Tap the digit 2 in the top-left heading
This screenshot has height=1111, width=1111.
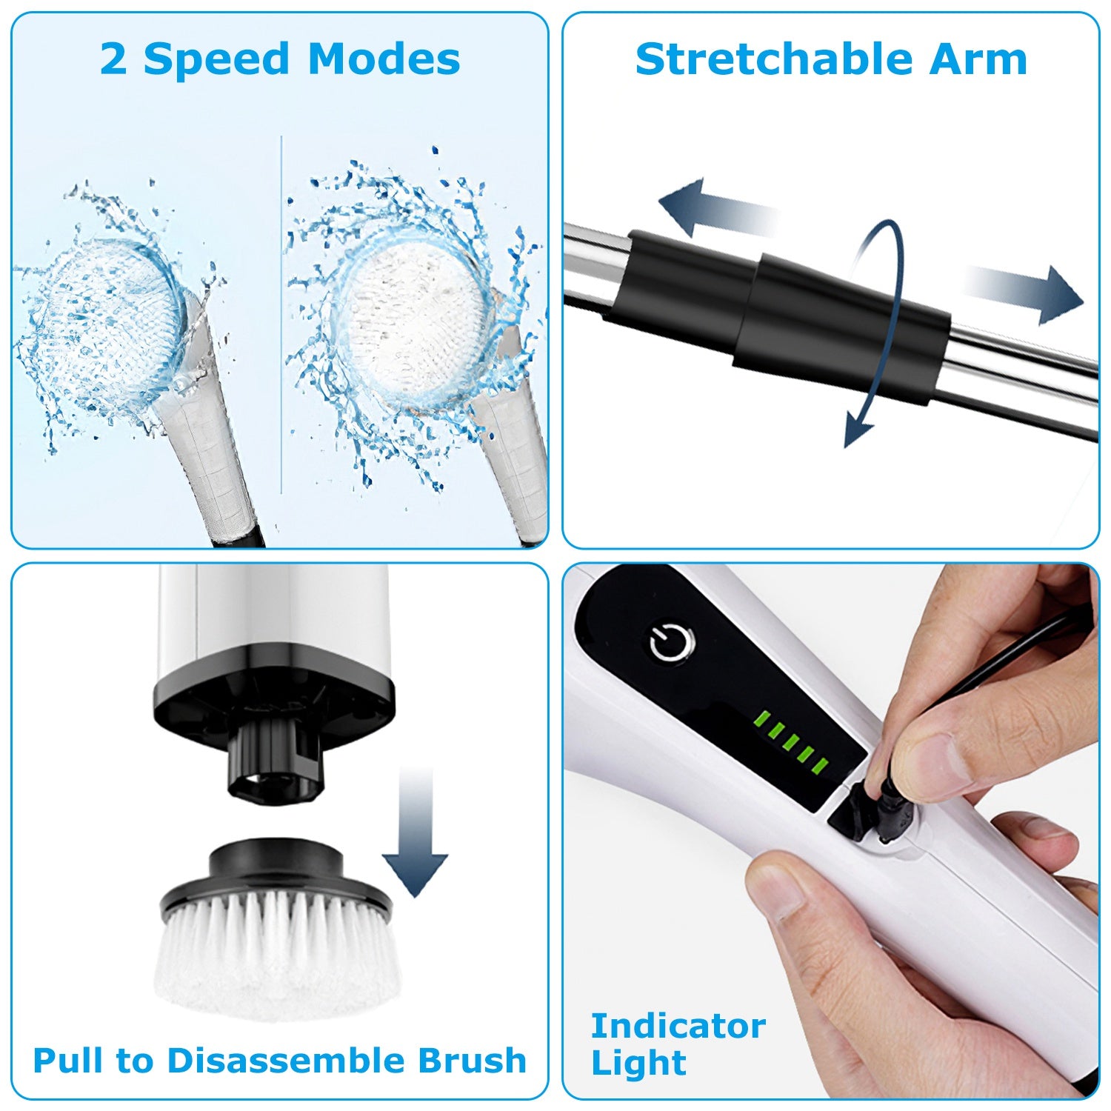[113, 59]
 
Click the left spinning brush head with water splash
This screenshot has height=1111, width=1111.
[107, 326]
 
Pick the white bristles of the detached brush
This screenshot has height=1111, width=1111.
[278, 955]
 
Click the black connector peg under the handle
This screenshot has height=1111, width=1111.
[275, 763]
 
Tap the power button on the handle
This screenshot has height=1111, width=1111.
[672, 643]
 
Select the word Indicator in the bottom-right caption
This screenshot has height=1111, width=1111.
[678, 1027]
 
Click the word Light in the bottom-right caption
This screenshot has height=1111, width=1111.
[638, 1064]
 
